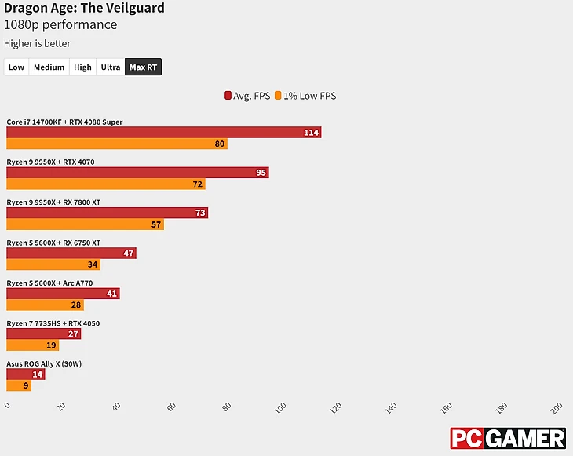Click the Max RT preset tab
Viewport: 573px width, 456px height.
point(143,67)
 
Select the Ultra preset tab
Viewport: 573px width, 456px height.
point(111,67)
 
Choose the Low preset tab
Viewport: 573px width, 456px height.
point(16,67)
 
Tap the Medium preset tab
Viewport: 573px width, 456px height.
point(49,67)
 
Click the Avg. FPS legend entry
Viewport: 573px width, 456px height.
point(247,96)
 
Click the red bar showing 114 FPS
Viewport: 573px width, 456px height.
point(163,133)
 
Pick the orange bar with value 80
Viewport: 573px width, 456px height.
point(116,144)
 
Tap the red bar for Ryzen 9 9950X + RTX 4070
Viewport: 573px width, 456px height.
point(137,173)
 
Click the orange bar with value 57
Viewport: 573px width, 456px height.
point(85,224)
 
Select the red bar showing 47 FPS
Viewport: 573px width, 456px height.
point(71,254)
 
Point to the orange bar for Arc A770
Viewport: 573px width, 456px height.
point(45,305)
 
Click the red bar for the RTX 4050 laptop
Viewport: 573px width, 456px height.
point(43,334)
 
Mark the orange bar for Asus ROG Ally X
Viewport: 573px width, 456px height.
point(19,385)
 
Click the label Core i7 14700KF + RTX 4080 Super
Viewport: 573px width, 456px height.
point(64,122)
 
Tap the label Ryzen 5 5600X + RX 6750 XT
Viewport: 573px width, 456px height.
point(53,243)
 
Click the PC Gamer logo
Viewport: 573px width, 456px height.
point(507,438)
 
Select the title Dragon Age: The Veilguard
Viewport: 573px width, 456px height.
point(85,9)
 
